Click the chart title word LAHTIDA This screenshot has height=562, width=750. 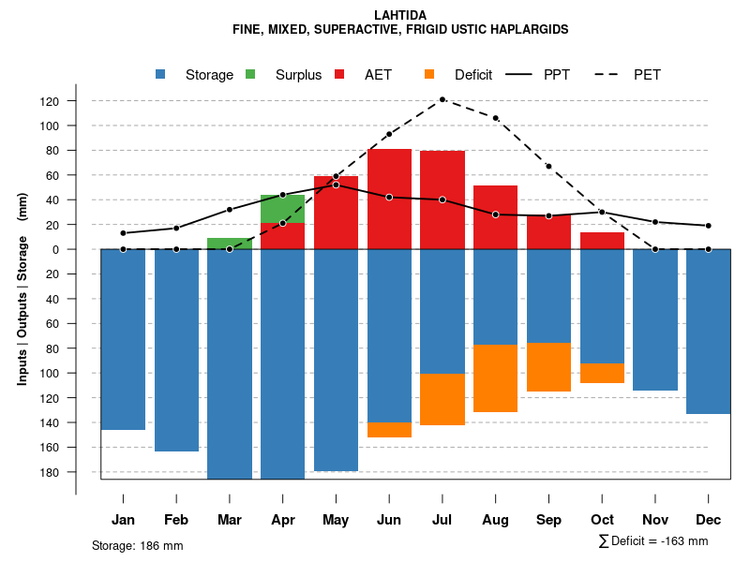400,16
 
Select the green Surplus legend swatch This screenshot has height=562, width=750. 250,75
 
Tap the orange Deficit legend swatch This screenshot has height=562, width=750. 429,75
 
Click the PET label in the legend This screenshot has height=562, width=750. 647,75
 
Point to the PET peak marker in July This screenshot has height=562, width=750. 442,99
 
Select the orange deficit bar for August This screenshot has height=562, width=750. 496,378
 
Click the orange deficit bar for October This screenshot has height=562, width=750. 602,373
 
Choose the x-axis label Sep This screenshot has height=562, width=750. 548,520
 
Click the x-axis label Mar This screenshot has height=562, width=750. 230,520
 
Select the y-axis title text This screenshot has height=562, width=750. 22,288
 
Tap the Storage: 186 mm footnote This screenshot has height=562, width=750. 137,545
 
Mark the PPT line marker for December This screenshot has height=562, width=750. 709,226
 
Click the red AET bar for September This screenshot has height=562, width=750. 548,232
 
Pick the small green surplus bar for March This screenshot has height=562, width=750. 230,244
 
